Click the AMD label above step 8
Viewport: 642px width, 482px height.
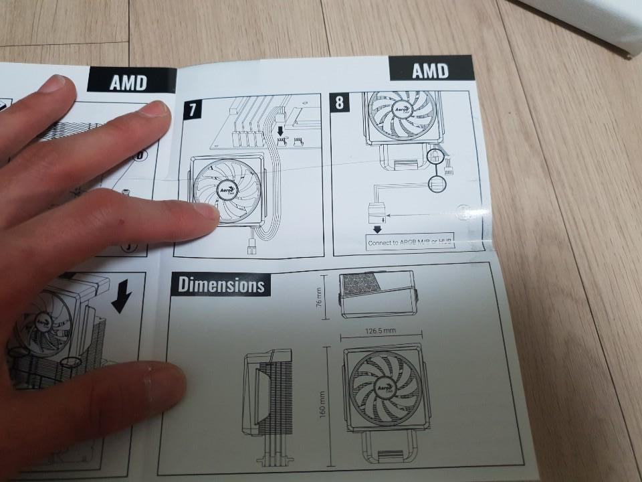[430, 70]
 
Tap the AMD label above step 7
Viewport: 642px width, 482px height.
[128, 82]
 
